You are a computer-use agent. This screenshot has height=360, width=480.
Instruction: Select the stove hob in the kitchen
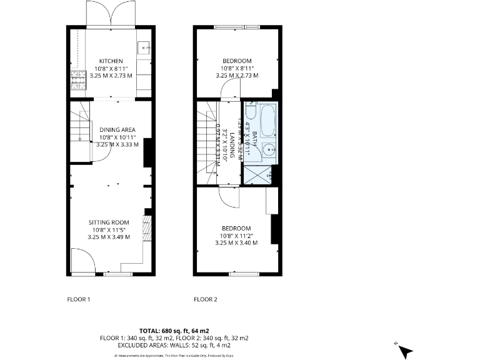pos(78,80)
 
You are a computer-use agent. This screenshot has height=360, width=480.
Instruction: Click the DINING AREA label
pos(117,130)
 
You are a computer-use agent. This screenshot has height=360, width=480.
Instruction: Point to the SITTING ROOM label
pos(109,222)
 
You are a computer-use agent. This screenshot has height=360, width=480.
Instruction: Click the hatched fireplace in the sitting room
pos(147,228)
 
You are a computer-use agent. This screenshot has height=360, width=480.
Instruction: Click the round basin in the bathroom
pos(269,148)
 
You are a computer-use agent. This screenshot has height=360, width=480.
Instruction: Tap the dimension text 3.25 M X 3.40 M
pos(236,242)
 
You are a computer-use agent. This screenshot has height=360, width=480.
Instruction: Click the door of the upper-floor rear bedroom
pos(229,92)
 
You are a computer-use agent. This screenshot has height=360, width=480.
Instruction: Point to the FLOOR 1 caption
pos(79,299)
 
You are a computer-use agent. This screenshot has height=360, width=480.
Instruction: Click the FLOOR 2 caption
pos(206,299)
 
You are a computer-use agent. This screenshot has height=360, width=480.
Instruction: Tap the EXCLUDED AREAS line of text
pos(174,344)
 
